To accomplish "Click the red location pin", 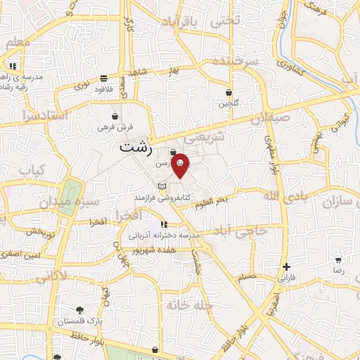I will [181, 165].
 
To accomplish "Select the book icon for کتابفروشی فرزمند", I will [163, 186].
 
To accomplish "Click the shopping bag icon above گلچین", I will [229, 92].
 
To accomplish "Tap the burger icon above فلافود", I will [103, 78].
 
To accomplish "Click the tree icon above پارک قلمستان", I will [79, 309].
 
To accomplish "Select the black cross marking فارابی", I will [286, 266].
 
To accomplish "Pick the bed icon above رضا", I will [339, 259].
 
